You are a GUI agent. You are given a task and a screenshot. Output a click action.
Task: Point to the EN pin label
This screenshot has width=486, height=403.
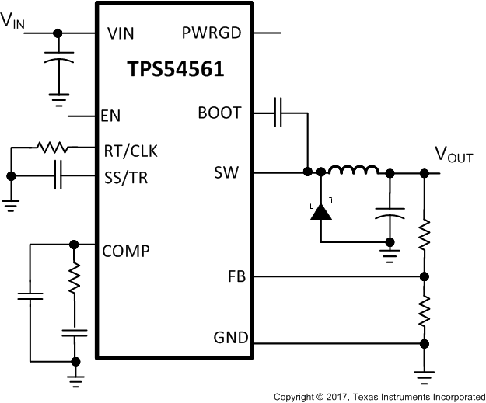pyautogui.click(x=110, y=116)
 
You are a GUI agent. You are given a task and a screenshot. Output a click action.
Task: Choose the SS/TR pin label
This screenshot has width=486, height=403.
pyautogui.click(x=126, y=177)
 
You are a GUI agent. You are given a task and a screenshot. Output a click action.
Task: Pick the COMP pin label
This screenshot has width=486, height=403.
pyautogui.click(x=126, y=251)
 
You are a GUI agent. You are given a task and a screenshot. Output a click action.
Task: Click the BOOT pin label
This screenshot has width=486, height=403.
pyautogui.click(x=220, y=113)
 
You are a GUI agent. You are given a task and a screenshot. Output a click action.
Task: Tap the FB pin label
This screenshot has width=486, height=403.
pyautogui.click(x=236, y=276)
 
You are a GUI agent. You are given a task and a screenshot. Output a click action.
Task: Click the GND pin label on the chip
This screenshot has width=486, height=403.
pyautogui.click(x=230, y=338)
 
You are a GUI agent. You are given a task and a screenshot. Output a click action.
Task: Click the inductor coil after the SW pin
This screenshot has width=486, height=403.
pyautogui.click(x=353, y=170)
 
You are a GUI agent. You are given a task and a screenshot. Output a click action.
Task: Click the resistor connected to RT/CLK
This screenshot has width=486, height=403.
pyautogui.click(x=53, y=148)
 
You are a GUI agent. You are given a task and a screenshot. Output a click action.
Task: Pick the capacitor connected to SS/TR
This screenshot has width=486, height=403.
pyautogui.click(x=58, y=177)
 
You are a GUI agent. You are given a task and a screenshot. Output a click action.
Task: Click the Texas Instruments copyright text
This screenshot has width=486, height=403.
pyautogui.click(x=378, y=396)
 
